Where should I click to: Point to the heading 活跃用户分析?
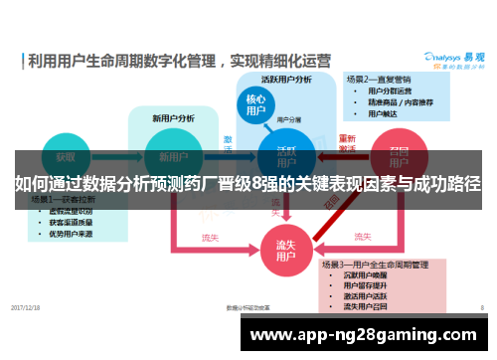[x=286, y=79]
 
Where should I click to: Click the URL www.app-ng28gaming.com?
[x=367, y=336]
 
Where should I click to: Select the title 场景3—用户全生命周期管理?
[x=387, y=265]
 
